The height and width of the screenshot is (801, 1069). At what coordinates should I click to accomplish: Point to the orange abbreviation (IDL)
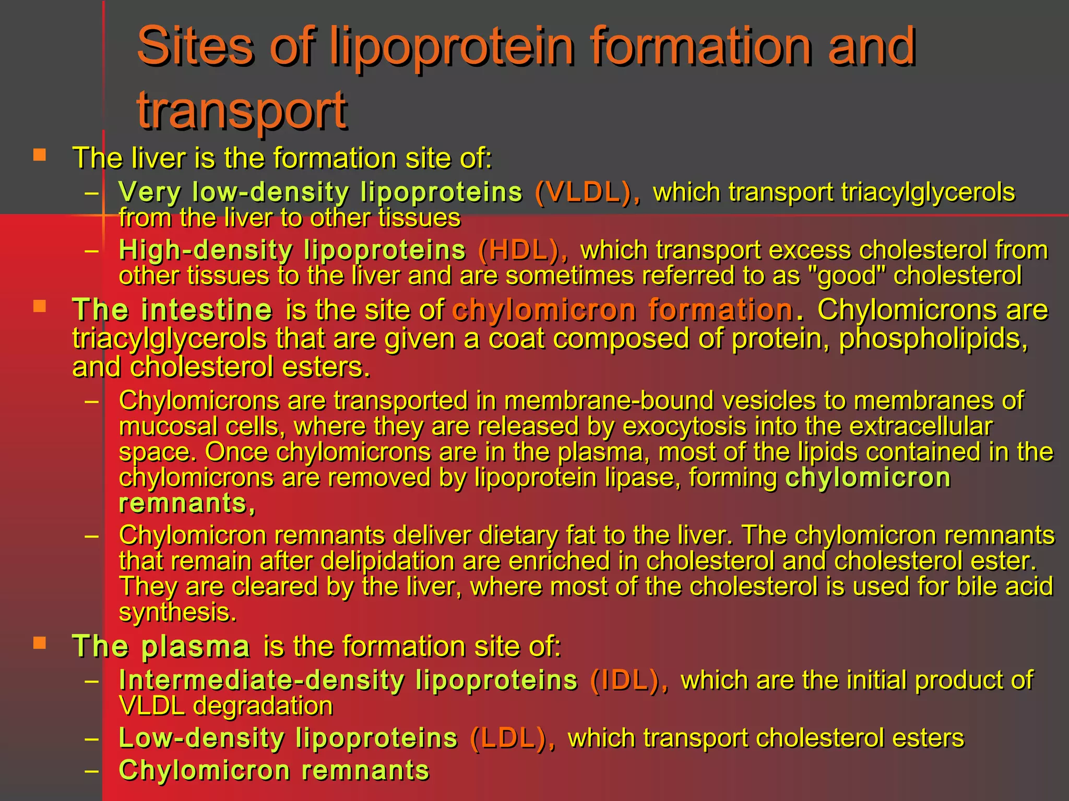[629, 681]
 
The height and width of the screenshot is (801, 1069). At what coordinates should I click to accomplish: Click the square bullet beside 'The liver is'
[40, 155]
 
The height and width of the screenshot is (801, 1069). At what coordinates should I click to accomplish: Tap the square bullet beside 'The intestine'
[40, 306]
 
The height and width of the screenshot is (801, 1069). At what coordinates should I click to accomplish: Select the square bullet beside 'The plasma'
[40, 642]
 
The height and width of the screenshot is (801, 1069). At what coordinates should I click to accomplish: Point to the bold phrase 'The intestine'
[172, 310]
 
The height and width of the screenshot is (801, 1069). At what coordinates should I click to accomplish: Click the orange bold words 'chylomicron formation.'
[628, 310]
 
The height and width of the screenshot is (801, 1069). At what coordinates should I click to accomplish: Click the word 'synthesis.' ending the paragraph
[177, 612]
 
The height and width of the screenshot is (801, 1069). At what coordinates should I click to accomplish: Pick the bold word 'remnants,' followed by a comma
[187, 504]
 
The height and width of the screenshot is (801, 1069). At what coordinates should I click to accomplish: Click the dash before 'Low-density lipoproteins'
[92, 738]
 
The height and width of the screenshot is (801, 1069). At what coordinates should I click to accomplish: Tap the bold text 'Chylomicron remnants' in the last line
[274, 770]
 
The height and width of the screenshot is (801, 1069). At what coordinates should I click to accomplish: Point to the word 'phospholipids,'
[933, 339]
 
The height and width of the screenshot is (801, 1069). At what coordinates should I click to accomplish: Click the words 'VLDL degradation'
[225, 706]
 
